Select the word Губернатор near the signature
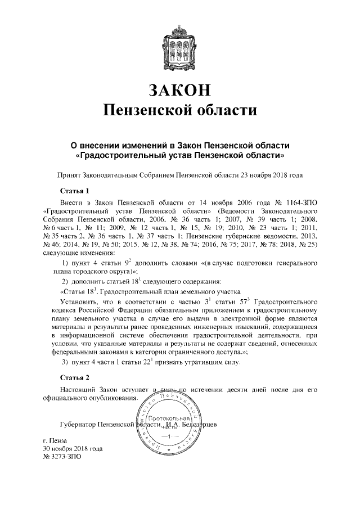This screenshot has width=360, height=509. tap(78, 424)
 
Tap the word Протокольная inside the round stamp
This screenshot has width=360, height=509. tap(169, 420)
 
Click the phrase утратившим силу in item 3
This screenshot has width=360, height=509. tap(213, 361)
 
